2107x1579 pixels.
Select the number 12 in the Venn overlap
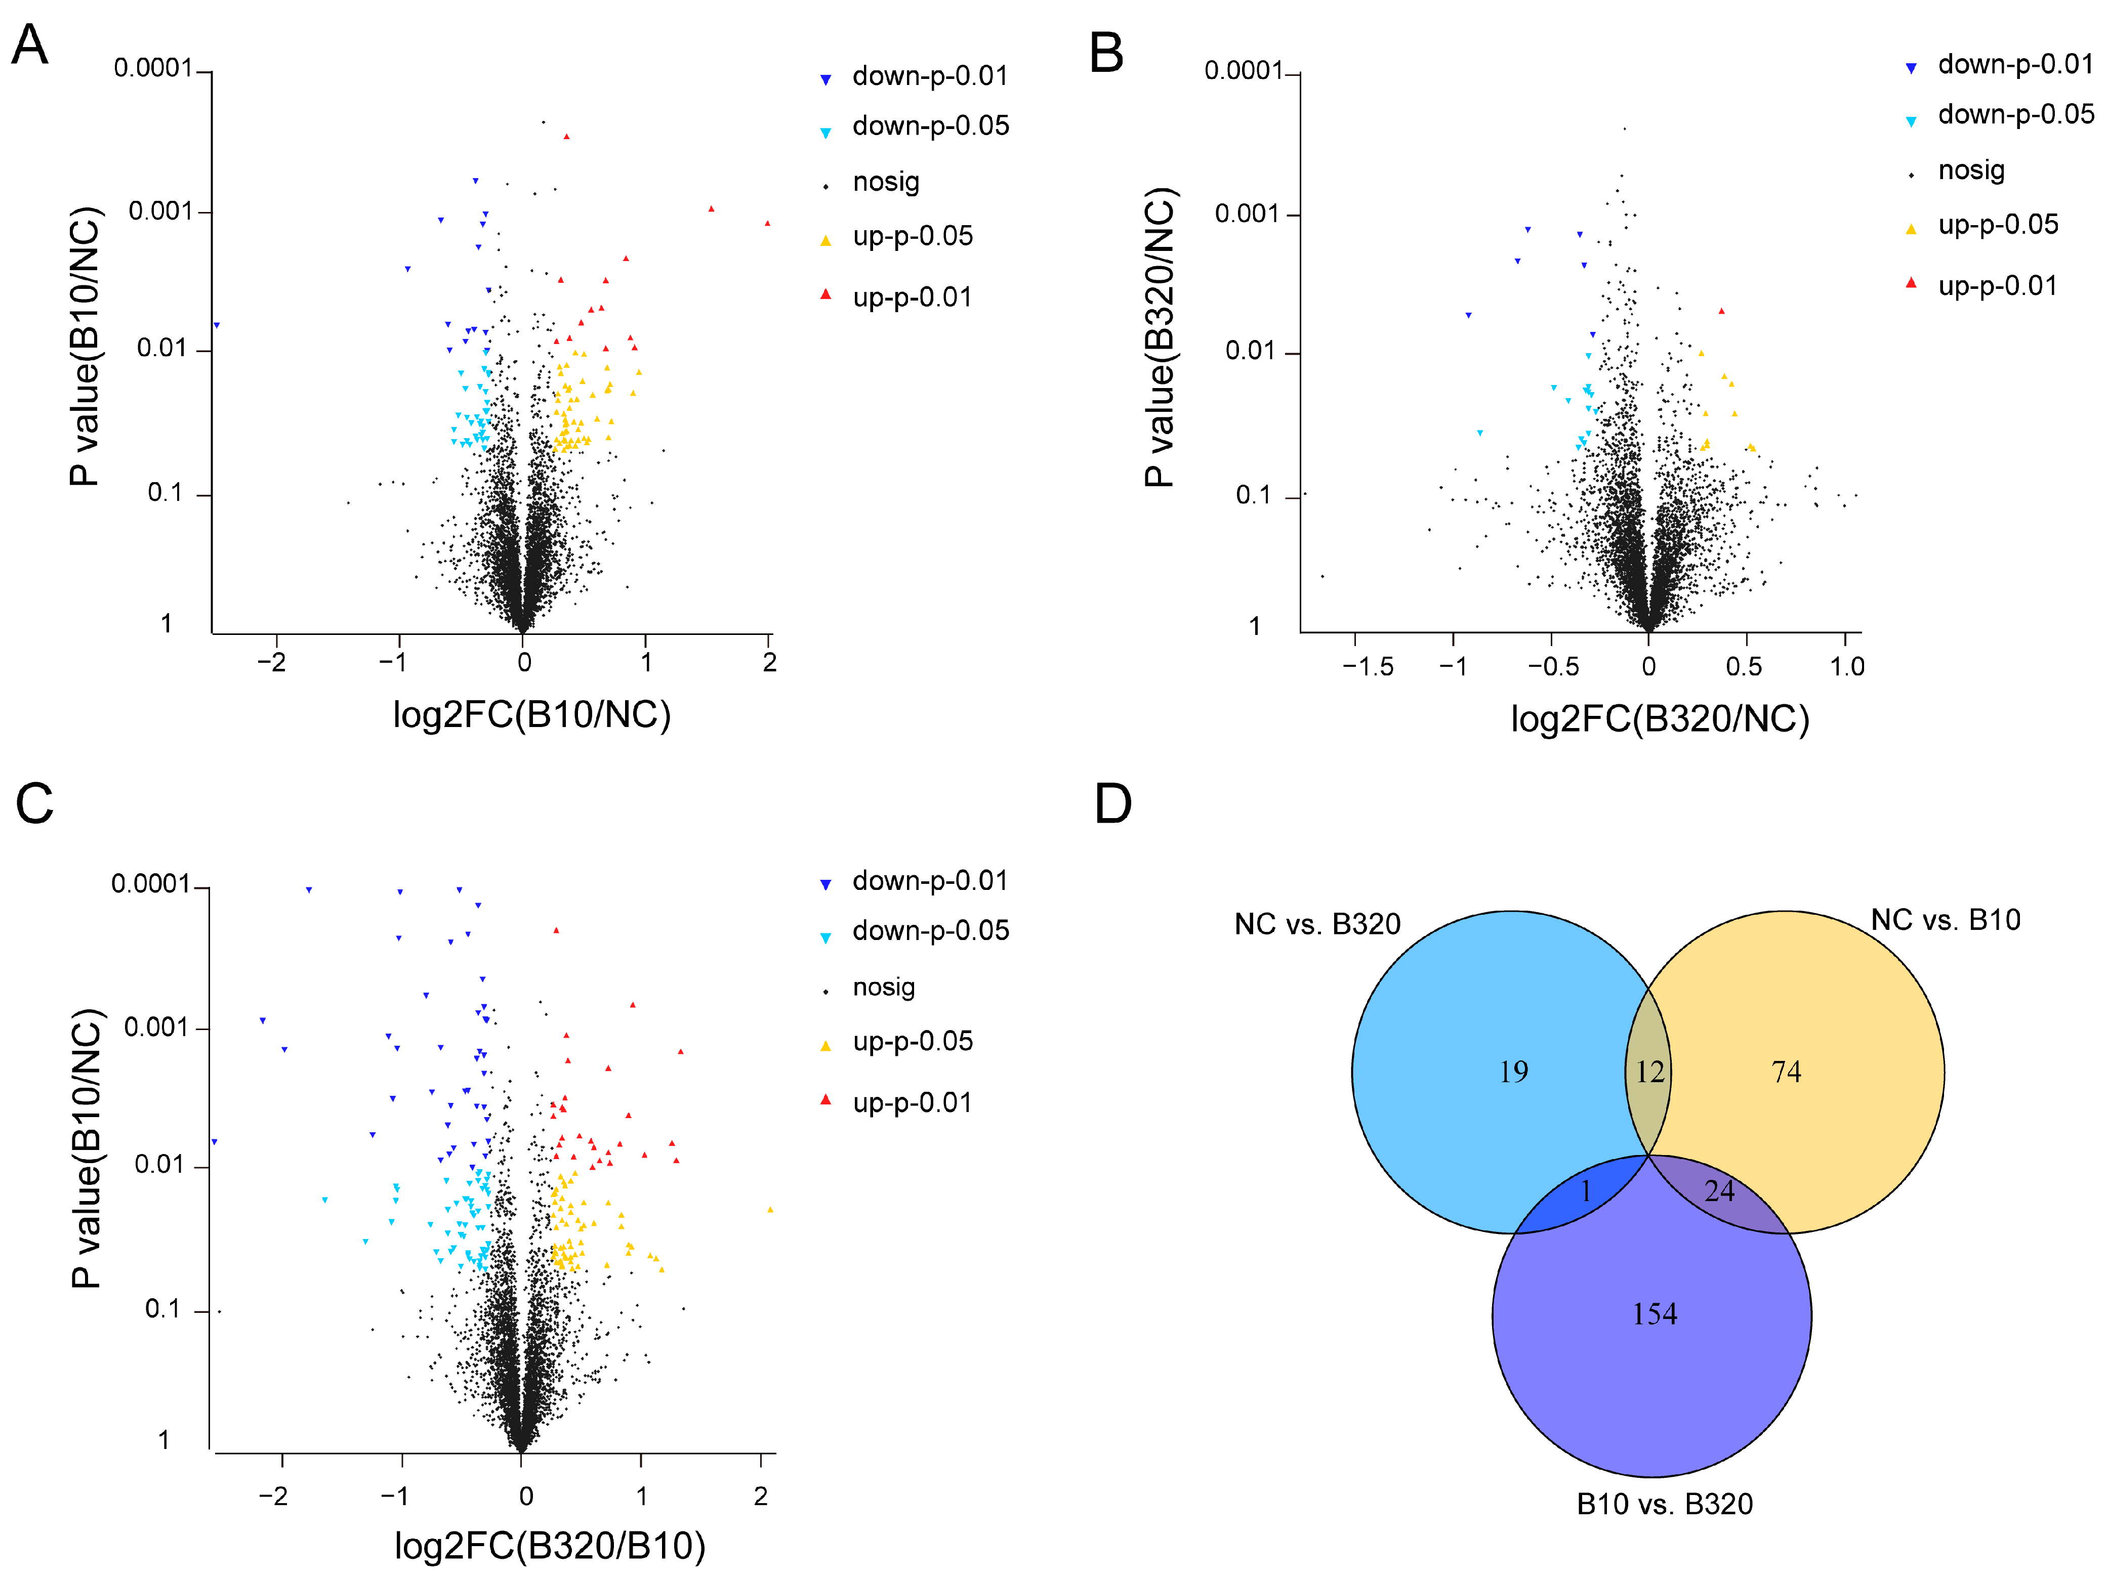(1650, 1073)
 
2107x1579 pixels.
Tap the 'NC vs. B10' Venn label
(1945, 920)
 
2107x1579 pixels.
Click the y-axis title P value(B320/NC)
(1160, 338)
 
